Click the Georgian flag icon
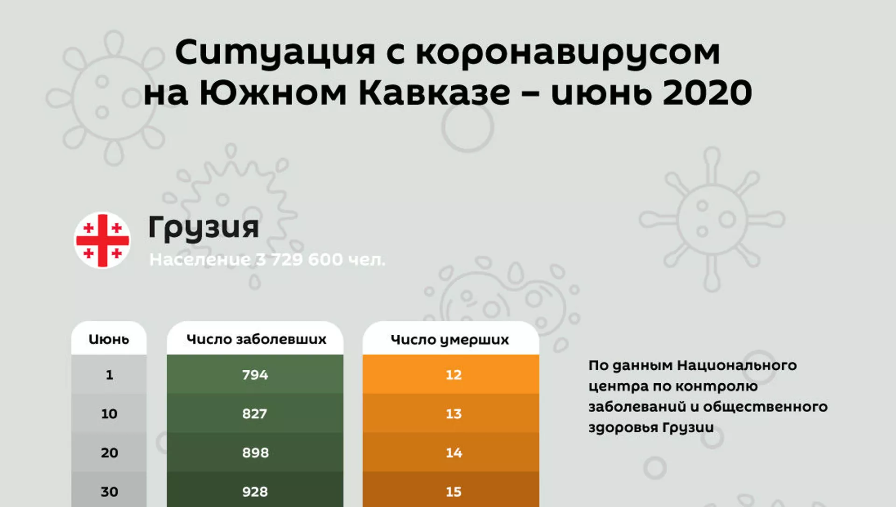pos(102,240)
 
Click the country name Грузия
pos(203,228)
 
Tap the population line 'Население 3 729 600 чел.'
pos(267,260)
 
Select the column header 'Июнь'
pos(109,339)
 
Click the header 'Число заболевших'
pos(256,339)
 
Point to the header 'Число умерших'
pos(450,340)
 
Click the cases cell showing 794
pos(255,374)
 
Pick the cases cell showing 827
pos(255,413)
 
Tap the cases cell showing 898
pos(255,452)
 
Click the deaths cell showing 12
pos(451,374)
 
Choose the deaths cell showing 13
pos(451,413)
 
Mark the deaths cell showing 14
pos(451,452)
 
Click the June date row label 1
pos(109,375)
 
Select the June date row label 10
pos(109,414)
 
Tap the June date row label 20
pos(109,453)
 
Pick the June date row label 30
pos(109,492)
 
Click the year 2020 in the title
pos(707,92)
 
